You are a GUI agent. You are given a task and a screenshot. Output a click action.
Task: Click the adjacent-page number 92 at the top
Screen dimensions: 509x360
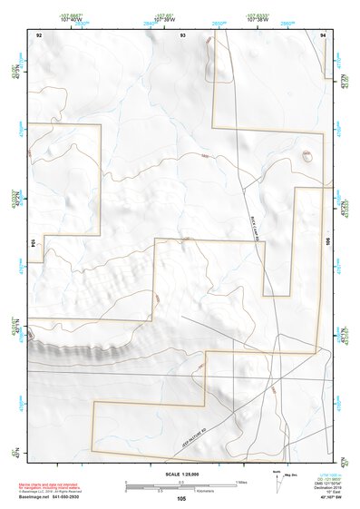(x=39, y=34)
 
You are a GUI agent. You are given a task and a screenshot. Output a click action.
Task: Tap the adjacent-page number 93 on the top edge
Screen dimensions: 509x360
(x=182, y=34)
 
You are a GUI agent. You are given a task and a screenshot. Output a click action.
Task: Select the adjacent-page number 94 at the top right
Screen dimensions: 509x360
(x=324, y=34)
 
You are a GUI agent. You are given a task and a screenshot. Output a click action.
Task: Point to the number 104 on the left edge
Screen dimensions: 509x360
(x=32, y=243)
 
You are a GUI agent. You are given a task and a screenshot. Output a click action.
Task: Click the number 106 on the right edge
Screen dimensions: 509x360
(x=329, y=242)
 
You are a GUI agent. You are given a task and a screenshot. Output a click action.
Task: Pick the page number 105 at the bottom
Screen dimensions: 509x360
(x=181, y=498)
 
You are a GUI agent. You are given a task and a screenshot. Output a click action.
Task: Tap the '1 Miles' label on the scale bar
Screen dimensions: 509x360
(x=240, y=481)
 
